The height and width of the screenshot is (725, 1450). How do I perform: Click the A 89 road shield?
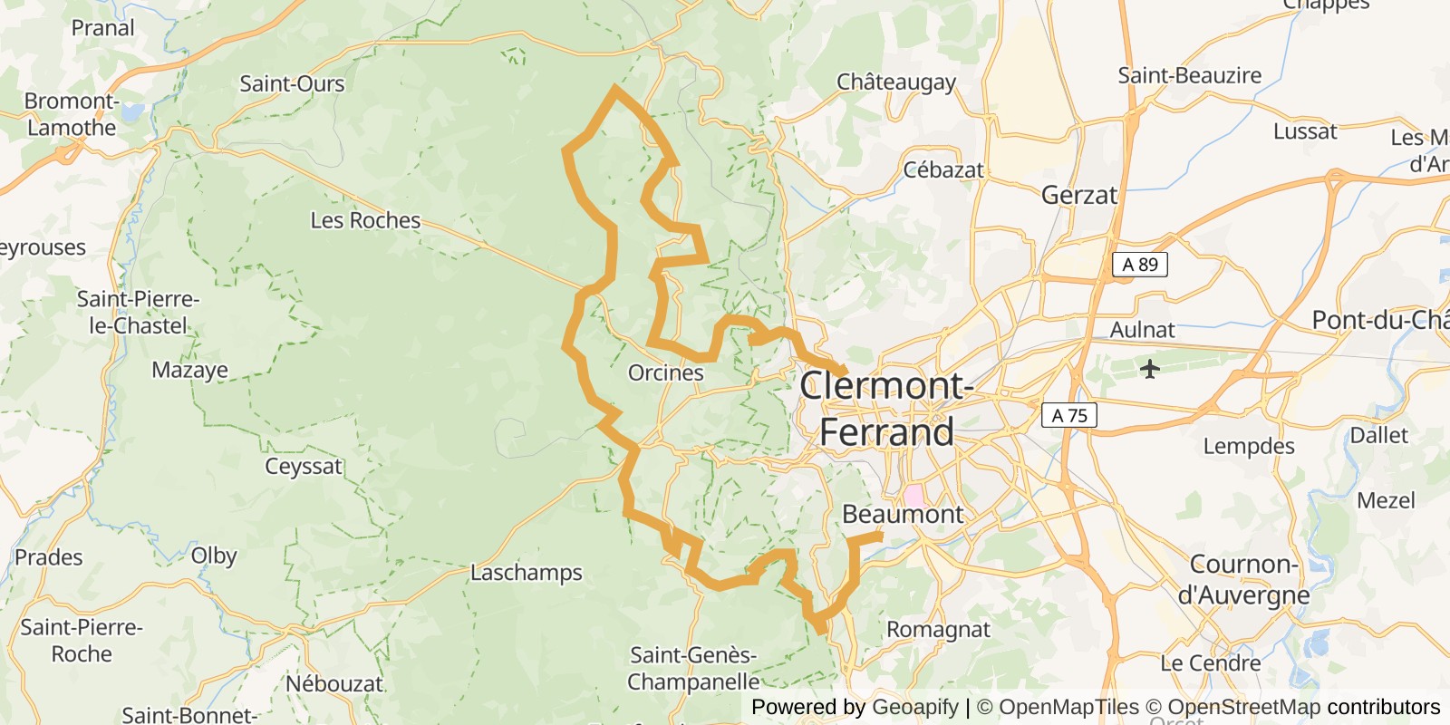point(1139,265)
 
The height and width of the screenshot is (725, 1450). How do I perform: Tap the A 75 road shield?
point(1069,415)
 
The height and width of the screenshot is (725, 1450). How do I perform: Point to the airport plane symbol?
point(1150,369)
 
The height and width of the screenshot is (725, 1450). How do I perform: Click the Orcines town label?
point(666,372)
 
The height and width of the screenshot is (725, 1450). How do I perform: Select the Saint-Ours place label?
point(292,84)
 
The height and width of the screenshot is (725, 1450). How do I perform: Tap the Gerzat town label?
point(1078,195)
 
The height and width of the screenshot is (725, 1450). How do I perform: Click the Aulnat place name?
point(1142,330)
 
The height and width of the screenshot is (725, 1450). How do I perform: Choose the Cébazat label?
point(942,170)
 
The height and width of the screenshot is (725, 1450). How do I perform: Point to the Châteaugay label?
point(895,82)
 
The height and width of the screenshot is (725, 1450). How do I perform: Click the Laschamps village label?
point(526,573)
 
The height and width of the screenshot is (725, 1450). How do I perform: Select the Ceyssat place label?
point(304,467)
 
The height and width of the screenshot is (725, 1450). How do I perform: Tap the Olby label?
point(214,556)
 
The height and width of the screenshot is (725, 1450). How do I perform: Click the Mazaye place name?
point(189,370)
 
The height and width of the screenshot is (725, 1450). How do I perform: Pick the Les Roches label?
point(365,220)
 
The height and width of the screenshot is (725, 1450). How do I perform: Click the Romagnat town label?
point(938,629)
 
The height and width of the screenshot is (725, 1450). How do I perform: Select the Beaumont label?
point(903,514)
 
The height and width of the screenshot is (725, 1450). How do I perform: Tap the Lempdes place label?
point(1249,446)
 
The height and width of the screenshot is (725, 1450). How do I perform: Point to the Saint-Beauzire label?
point(1189,75)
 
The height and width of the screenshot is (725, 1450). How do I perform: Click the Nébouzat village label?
point(334,683)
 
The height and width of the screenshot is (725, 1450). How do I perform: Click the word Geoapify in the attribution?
point(914,707)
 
